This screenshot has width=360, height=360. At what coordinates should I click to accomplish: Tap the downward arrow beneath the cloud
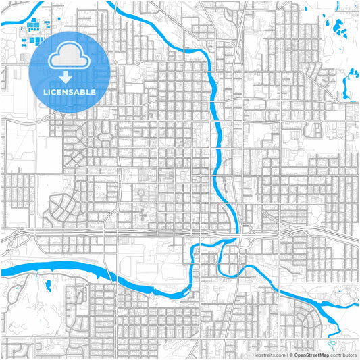coord(70,75)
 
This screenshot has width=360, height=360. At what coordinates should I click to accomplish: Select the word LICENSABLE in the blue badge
coord(70,91)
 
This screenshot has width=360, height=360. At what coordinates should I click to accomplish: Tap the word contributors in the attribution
coord(342,354)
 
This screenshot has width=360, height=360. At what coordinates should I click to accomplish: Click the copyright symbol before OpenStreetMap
coord(291,354)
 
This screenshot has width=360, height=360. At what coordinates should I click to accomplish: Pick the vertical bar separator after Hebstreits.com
coord(286,354)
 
